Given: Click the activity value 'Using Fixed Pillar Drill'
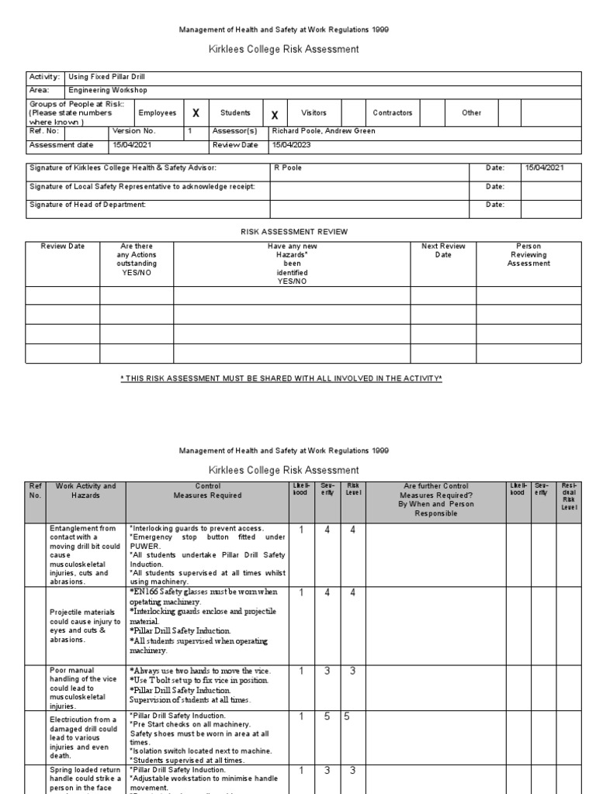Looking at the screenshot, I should tap(106, 78).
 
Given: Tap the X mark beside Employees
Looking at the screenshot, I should tap(196, 113).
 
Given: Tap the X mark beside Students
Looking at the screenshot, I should tap(274, 115).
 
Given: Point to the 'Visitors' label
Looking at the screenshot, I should tap(314, 113).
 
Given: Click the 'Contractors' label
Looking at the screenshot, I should tap(393, 113).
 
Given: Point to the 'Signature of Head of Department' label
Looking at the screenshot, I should tap(88, 205).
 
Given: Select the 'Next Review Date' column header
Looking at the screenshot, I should tap(443, 250).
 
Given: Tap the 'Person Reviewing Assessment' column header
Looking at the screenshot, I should tap(528, 255).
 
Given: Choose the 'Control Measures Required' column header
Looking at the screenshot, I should tap(209, 491).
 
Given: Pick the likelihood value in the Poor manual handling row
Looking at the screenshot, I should tap(300, 671).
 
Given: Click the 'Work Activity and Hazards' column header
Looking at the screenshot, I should tap(85, 491).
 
